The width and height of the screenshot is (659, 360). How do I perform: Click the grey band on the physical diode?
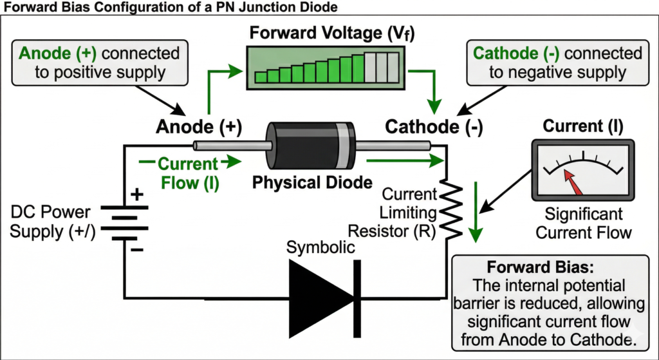click(x=347, y=148)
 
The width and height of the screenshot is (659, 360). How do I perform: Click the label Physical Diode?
click(x=312, y=182)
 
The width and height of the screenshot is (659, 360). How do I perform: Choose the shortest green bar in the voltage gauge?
click(x=261, y=77)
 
